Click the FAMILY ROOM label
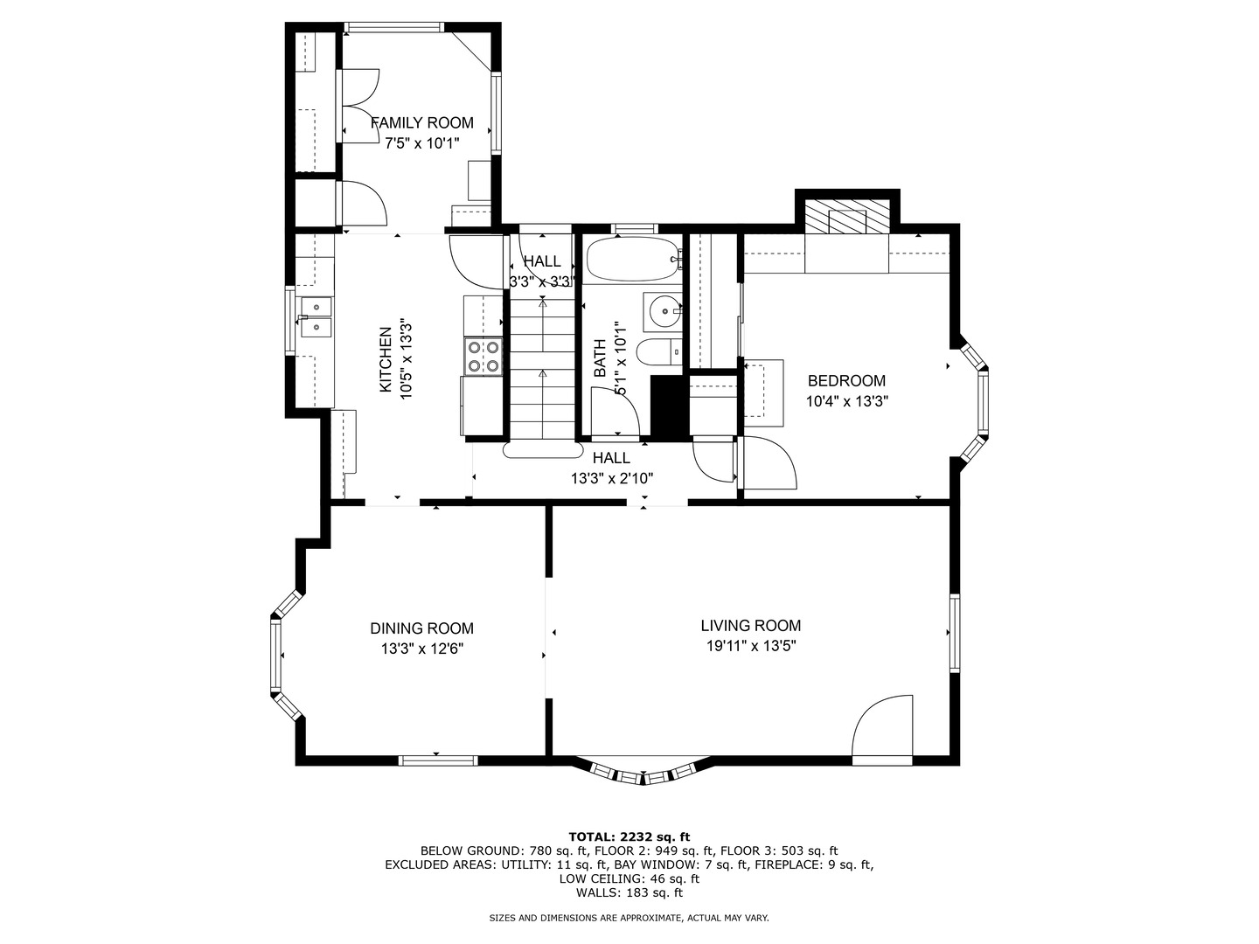[x=421, y=122]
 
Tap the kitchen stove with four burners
[x=483, y=357]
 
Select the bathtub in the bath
[x=633, y=259]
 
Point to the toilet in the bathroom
[x=659, y=351]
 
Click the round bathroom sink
[x=664, y=311]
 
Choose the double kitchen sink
[x=316, y=317]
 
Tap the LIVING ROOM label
[x=750, y=625]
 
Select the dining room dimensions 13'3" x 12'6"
[x=422, y=649]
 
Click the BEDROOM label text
[x=846, y=380]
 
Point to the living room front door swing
[x=882, y=726]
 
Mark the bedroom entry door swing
[x=768, y=463]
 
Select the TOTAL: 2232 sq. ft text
[x=629, y=836]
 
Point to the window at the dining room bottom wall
[x=438, y=760]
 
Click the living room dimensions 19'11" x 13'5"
[x=751, y=646]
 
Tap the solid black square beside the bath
[x=669, y=407]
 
